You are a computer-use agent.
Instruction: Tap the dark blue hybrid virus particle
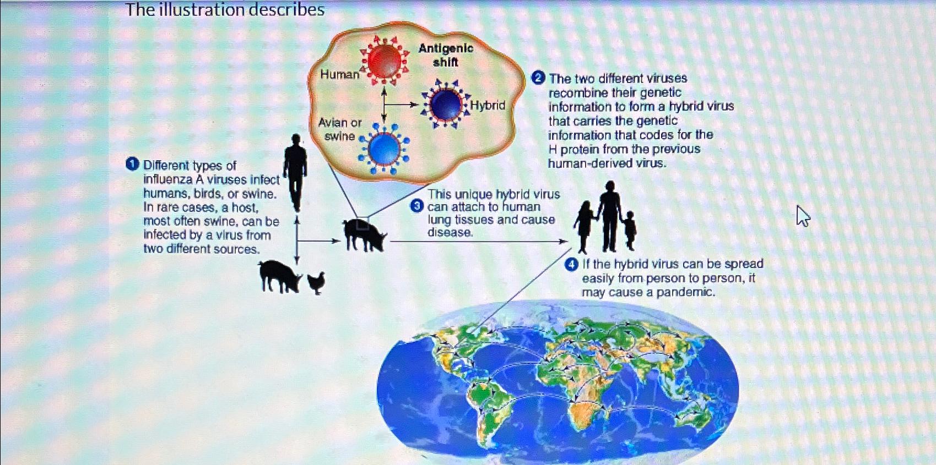[446, 105]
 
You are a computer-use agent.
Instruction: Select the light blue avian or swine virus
[385, 149]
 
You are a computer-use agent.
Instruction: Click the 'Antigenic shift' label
[446, 55]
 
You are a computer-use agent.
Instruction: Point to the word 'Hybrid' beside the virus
[488, 105]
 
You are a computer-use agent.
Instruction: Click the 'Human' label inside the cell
[340, 75]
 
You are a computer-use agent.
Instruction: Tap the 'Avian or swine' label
[340, 129]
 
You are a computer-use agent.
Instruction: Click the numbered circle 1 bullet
[132, 165]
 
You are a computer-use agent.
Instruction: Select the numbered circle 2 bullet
[538, 78]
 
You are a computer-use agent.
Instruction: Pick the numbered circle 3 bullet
[416, 206]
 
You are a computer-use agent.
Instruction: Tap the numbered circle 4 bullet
[571, 265]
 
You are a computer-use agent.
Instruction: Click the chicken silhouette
[316, 283]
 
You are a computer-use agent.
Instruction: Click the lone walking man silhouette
[295, 172]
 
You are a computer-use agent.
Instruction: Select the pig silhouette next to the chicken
[279, 276]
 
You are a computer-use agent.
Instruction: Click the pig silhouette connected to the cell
[364, 235]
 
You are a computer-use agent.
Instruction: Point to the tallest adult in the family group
[610, 216]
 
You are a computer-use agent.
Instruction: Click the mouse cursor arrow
[802, 216]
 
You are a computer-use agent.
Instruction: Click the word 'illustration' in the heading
[202, 9]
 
